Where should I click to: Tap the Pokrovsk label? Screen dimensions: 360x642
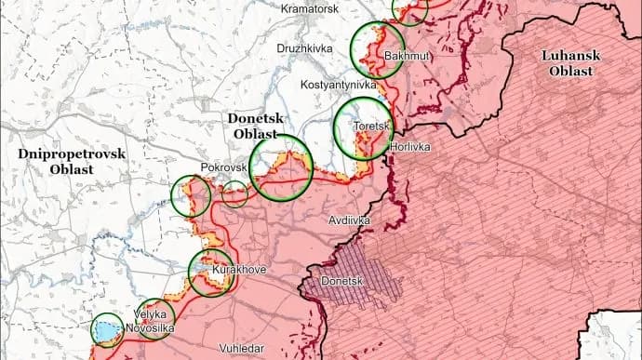click(223, 167)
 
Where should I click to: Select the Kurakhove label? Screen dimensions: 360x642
click(240, 270)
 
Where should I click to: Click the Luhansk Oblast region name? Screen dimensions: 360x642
click(571, 63)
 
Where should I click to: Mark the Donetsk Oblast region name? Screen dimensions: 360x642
click(258, 127)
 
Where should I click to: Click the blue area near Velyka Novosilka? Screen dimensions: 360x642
click(107, 329)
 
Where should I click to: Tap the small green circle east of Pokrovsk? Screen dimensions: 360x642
click(234, 194)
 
